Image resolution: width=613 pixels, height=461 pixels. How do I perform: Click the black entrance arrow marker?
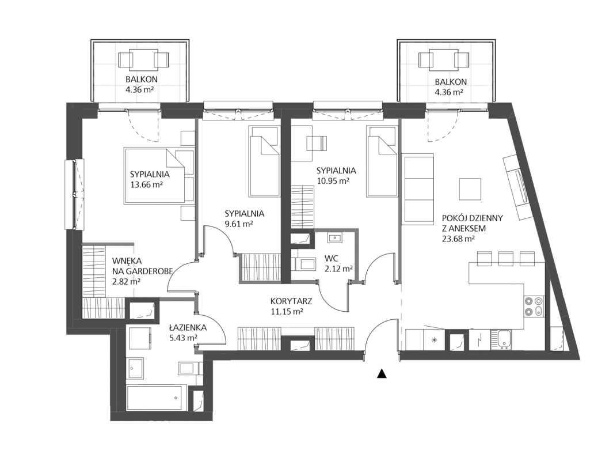coord(382,373)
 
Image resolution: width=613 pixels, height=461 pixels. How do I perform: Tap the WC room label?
coord(332,258)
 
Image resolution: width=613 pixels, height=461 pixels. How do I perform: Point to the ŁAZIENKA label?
coord(188,327)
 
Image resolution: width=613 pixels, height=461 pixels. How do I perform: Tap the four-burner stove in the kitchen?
coord(534,306)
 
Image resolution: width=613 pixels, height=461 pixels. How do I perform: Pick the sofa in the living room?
coord(418,189)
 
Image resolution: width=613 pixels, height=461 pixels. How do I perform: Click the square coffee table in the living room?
coord(470,189)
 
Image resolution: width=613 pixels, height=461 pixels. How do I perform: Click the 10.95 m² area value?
coord(333,181)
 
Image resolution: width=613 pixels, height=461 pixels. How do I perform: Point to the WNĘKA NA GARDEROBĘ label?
coord(142,265)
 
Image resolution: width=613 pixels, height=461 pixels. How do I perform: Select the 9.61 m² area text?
coord(239,224)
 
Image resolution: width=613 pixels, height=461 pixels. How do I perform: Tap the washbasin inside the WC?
coord(335,237)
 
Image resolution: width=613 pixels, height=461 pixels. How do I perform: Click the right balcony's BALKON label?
coord(451,82)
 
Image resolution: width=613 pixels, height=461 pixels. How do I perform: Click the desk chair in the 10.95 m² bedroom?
coord(317,143)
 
